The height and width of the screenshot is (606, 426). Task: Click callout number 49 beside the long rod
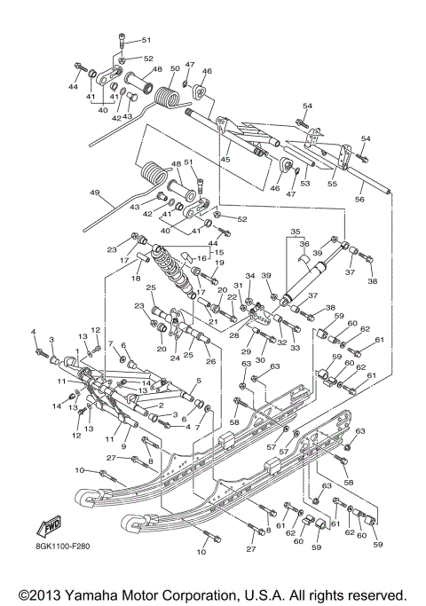[95, 192]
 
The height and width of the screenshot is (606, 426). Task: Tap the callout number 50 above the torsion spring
[175, 68]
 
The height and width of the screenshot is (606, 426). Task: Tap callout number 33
[296, 348]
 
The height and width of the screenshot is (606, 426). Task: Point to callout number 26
[211, 362]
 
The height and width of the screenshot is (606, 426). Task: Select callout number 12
[76, 435]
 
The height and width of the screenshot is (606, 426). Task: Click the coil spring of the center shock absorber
[170, 270]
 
